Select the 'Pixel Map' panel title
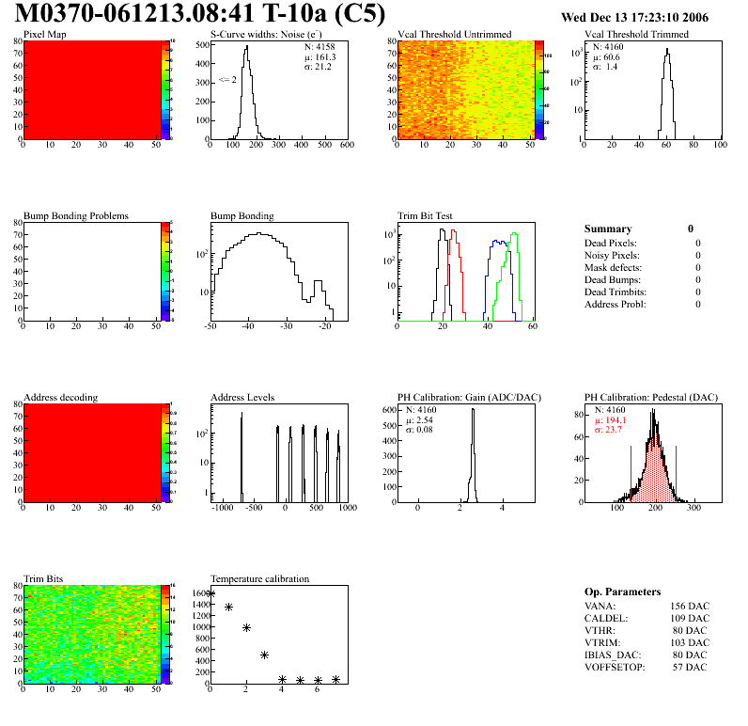coord(45,35)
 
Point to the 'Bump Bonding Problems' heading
coord(76,215)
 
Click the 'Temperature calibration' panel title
coord(259,578)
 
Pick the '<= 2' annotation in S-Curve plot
coord(226,80)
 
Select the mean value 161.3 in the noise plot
coord(320,56)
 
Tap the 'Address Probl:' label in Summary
coord(616,304)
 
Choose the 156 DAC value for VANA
coord(690,605)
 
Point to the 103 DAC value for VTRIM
coord(690,641)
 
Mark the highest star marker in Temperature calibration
coord(210,593)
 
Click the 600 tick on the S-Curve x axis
coord(346,146)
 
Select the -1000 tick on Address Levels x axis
coord(223,508)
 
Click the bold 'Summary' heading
coord(608,229)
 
